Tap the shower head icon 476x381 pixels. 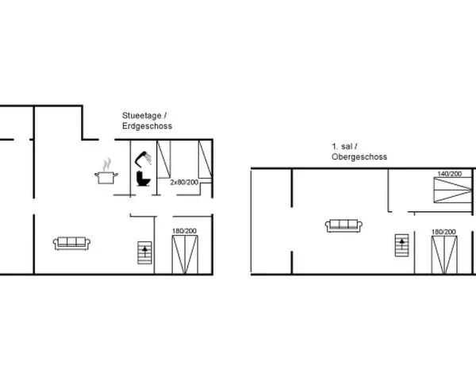point(143,159)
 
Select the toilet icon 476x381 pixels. point(143,179)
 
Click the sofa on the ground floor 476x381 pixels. point(71,244)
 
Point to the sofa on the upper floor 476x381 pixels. point(344,225)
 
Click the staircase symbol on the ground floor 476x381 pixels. point(144,252)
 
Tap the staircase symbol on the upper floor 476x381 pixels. point(401,245)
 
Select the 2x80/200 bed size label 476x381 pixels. point(184,183)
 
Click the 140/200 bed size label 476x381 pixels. point(450,174)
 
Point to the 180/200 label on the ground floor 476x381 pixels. point(184,231)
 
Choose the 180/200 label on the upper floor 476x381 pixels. point(443,232)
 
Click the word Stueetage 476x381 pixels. point(142,116)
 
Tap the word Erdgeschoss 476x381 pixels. point(148,125)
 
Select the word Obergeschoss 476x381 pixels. point(359,157)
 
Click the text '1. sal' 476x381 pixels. point(342,146)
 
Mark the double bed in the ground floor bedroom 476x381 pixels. point(185,255)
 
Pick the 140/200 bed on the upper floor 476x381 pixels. point(453,190)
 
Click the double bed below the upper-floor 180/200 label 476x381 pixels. point(444,256)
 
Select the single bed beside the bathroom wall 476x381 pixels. point(163,160)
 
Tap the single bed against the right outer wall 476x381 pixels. point(205,160)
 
